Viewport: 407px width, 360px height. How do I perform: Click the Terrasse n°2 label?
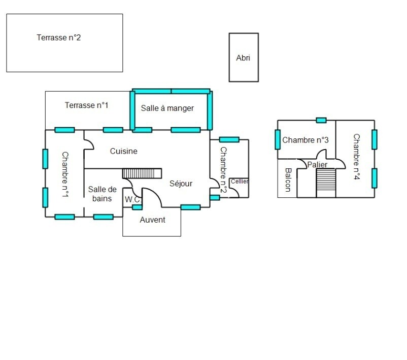(x=59, y=38)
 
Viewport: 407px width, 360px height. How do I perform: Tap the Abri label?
(x=243, y=58)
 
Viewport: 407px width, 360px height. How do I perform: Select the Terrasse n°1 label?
(x=87, y=105)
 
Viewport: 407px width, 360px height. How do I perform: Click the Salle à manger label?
(x=167, y=108)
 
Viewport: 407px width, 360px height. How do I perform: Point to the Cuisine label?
(x=124, y=151)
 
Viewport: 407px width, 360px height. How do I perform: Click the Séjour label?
(x=181, y=184)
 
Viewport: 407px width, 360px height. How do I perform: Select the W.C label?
(x=132, y=200)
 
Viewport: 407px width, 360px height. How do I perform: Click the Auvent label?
(x=152, y=220)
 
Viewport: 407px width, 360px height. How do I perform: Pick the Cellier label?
(x=240, y=181)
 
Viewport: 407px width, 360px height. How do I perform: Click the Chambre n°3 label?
(x=306, y=140)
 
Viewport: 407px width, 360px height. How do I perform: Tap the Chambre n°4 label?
(x=356, y=157)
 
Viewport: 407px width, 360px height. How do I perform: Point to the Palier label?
(x=317, y=165)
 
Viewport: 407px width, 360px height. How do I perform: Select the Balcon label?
(x=288, y=180)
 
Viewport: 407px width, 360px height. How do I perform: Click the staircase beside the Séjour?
(x=142, y=173)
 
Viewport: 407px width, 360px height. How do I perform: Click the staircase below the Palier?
(x=326, y=183)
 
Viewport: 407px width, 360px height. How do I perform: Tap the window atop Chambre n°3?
(x=321, y=120)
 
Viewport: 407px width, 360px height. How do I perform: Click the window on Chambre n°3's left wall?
(x=278, y=139)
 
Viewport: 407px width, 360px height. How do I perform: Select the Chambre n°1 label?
(x=65, y=174)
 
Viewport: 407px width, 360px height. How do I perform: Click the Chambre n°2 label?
(x=223, y=170)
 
